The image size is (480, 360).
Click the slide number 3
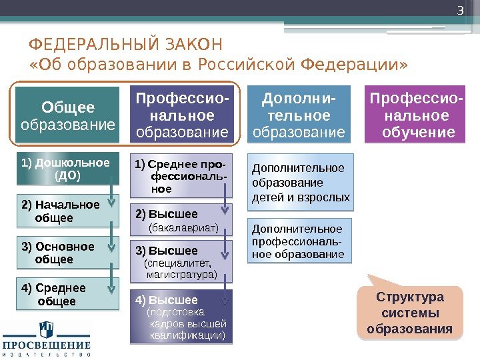[x=459, y=12]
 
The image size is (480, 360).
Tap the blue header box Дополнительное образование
[x=299, y=115]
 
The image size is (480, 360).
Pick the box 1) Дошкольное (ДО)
[x=67, y=169]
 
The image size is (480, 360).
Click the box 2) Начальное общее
[x=67, y=211]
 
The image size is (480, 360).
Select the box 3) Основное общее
[x=67, y=253]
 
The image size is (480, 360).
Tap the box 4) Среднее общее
[x=67, y=295]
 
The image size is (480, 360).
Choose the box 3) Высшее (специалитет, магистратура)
[x=182, y=262]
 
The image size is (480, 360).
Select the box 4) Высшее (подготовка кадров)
[x=182, y=317]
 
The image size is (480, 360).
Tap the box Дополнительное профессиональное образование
[x=301, y=241]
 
